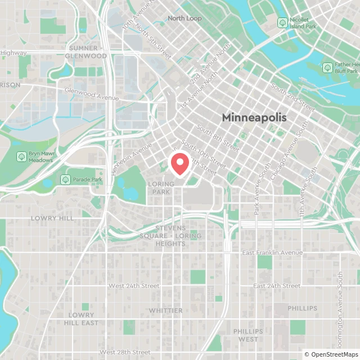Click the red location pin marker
(x=179, y=163)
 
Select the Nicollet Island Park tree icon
(x=282, y=22)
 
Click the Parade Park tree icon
(x=64, y=180)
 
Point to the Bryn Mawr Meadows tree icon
(x=21, y=156)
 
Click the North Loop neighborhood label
(x=184, y=18)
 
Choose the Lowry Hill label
(x=52, y=218)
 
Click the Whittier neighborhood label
(x=165, y=310)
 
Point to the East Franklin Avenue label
(x=272, y=253)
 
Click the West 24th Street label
(x=134, y=286)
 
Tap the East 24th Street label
(x=276, y=286)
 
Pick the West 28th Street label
(x=125, y=352)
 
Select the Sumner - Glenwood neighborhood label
(x=86, y=52)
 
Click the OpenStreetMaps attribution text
(x=331, y=354)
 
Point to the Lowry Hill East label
(x=82, y=319)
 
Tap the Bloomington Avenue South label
(x=340, y=304)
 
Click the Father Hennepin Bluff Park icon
(x=327, y=67)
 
